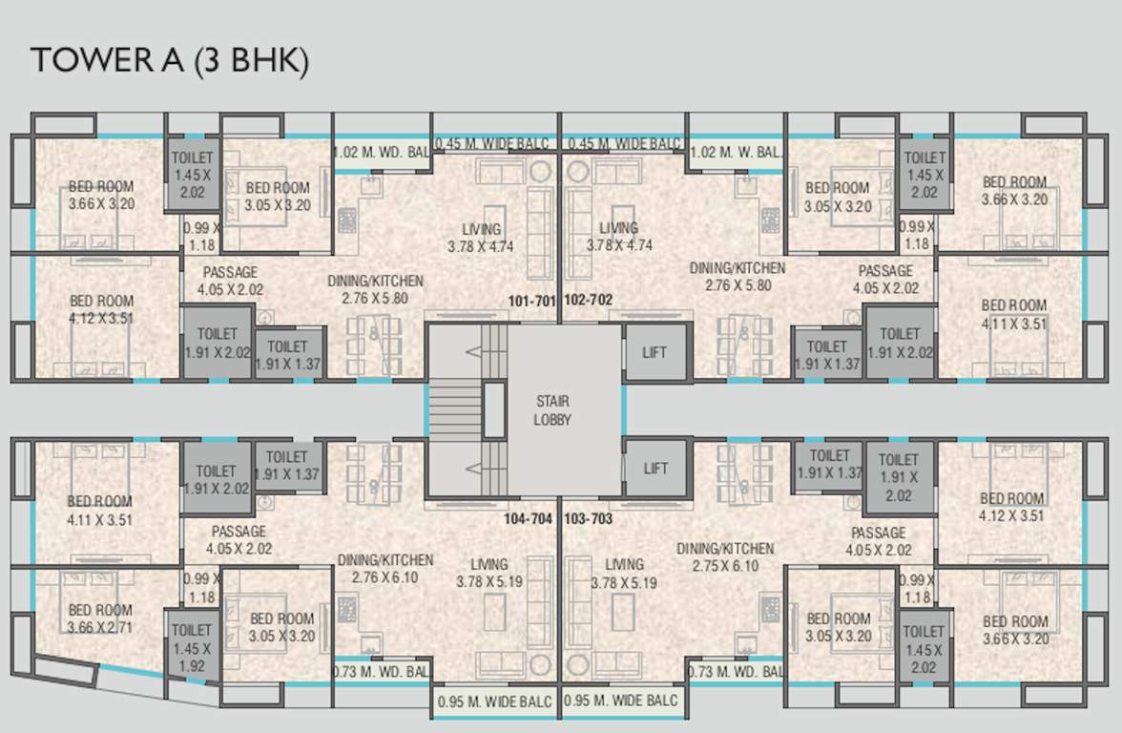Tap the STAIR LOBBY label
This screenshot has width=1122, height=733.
[552, 410]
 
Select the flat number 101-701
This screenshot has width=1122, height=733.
[531, 301]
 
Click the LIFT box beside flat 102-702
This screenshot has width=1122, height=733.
[654, 352]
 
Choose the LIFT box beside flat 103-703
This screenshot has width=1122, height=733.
[655, 468]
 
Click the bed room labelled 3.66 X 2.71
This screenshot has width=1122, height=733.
[100, 618]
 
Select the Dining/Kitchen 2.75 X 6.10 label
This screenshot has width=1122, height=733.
[725, 557]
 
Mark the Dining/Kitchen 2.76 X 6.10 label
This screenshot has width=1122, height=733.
[385, 568]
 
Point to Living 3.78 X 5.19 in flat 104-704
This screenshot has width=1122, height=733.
[488, 573]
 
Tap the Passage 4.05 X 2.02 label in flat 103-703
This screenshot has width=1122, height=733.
[879, 541]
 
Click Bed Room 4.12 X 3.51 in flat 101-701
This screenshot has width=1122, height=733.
[101, 309]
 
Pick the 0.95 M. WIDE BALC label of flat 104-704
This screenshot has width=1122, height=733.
[494, 702]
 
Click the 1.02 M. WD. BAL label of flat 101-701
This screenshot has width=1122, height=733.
[381, 152]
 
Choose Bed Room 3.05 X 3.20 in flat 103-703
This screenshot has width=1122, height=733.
[839, 627]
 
